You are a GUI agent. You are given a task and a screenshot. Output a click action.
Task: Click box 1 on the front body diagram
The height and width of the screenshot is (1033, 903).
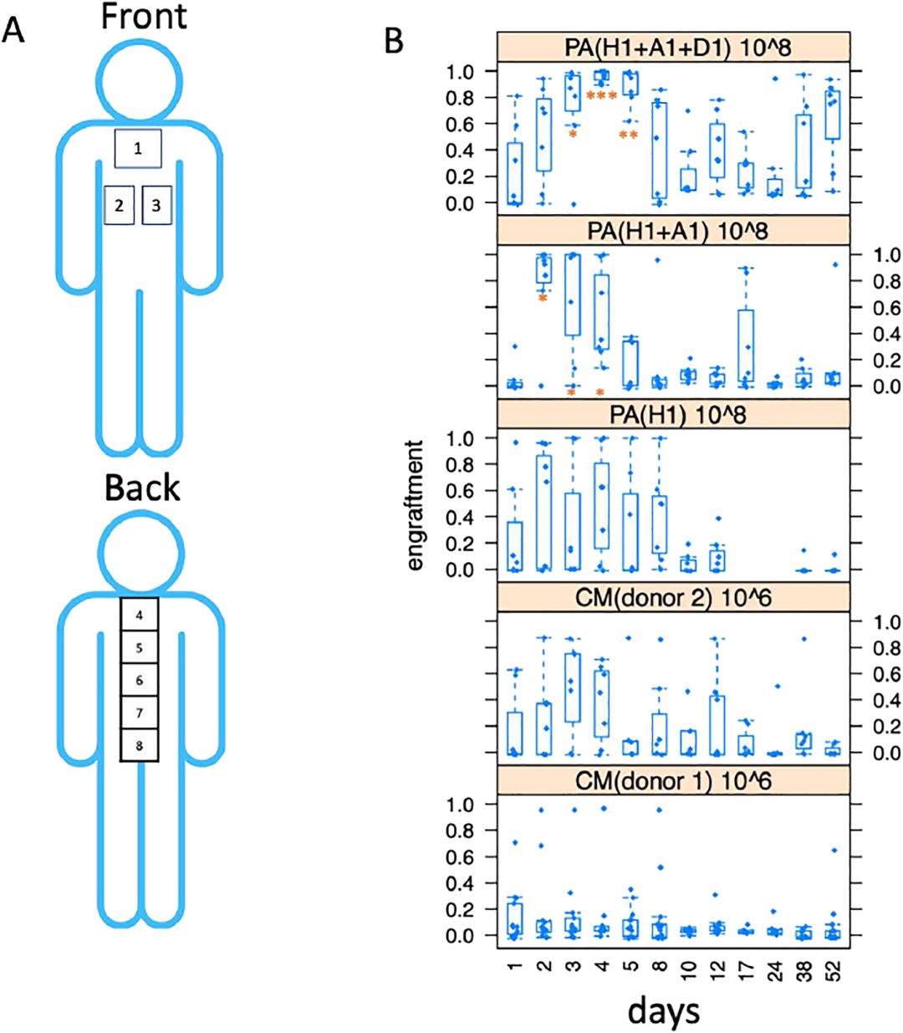tap(138, 149)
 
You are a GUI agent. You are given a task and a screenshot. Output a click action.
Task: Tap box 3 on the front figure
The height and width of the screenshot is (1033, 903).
tap(156, 205)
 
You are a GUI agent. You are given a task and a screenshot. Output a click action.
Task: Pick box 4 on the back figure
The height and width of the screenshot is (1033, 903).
tap(140, 615)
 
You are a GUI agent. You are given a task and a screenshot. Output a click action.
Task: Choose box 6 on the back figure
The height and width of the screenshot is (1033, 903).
tap(140, 680)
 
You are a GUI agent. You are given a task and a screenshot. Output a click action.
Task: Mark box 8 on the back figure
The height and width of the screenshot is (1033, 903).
tap(140, 744)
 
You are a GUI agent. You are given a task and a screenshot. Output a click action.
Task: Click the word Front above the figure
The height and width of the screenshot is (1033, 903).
tap(144, 17)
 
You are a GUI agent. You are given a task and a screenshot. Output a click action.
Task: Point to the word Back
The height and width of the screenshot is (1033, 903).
tap(141, 488)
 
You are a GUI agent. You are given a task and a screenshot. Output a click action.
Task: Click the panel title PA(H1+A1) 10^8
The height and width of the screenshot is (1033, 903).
tap(673, 230)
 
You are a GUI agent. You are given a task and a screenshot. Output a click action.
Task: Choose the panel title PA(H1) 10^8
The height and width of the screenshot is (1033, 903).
tap(673, 413)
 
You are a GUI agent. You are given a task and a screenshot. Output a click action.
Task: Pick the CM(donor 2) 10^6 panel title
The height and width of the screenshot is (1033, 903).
tap(673, 596)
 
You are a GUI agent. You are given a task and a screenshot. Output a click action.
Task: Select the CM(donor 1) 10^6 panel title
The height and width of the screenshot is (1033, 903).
tap(673, 780)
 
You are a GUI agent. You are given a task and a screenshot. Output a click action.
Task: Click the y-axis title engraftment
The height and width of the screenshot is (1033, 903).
tap(416, 504)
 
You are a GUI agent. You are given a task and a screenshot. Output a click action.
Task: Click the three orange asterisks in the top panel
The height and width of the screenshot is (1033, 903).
tap(601, 96)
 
